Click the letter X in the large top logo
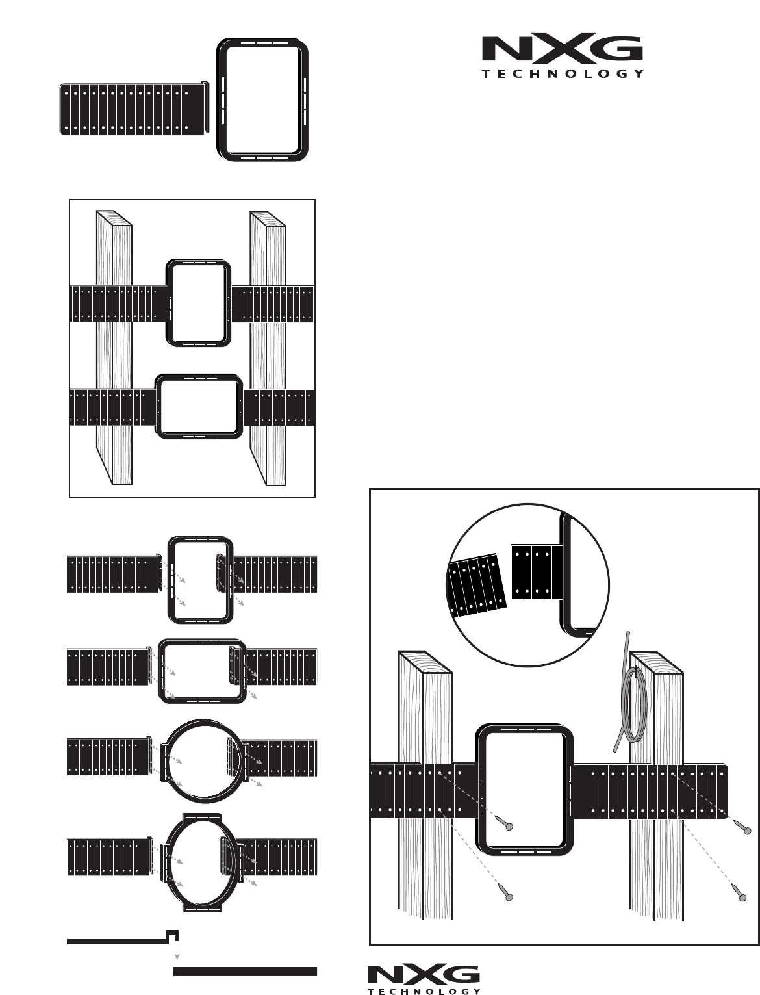click(x=561, y=49)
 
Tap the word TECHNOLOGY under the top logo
click(x=563, y=74)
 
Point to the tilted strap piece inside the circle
click(x=477, y=585)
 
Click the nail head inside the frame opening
click(x=509, y=827)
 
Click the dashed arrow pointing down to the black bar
click(x=177, y=946)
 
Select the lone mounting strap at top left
click(x=134, y=109)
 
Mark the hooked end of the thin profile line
click(x=173, y=935)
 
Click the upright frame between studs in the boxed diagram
click(x=199, y=304)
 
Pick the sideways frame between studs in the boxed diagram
click(x=199, y=407)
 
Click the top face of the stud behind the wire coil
click(x=656, y=662)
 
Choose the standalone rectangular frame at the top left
click(x=262, y=99)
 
